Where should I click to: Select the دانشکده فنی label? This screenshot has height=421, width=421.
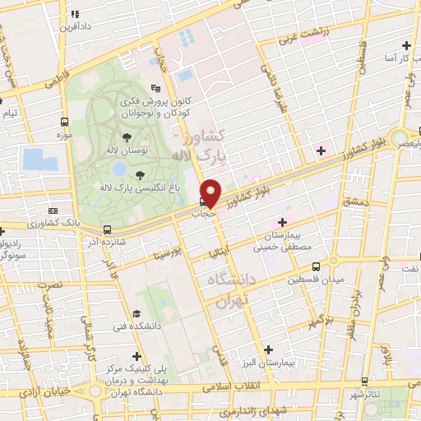[118, 327]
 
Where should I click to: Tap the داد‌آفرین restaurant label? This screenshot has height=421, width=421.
[75, 26]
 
